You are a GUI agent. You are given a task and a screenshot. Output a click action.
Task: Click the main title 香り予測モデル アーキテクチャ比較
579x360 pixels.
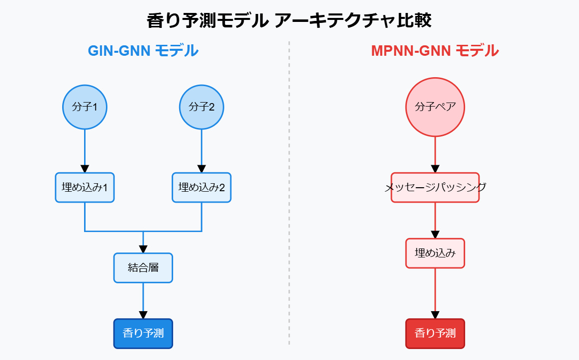pyautogui.click(x=289, y=21)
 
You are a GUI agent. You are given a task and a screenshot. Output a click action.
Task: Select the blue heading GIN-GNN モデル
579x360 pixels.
pyautogui.click(x=143, y=51)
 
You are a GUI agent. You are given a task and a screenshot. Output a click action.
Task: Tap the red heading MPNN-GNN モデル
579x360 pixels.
pyautogui.click(x=435, y=51)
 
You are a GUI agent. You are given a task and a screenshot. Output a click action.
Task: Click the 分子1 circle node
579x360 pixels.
pyautogui.click(x=85, y=107)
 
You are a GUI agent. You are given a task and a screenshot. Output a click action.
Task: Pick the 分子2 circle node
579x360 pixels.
pyautogui.click(x=201, y=107)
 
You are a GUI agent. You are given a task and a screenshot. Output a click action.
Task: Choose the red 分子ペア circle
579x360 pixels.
pyautogui.click(x=435, y=107)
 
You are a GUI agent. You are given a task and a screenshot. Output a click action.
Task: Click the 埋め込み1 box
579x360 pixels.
pyautogui.click(x=85, y=188)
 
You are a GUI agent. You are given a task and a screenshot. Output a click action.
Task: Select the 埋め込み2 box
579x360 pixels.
pyautogui.click(x=201, y=188)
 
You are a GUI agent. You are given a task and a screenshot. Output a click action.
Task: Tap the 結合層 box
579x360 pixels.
pyautogui.click(x=143, y=268)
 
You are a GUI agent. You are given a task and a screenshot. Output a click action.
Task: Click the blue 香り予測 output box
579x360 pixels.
pyautogui.click(x=143, y=334)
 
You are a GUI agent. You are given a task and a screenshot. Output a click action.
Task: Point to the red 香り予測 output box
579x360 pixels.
pyautogui.click(x=435, y=334)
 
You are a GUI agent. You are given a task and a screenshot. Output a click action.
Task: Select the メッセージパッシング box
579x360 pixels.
pyautogui.click(x=435, y=188)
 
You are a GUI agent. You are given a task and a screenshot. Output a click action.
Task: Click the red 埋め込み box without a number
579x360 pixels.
pyautogui.click(x=435, y=253)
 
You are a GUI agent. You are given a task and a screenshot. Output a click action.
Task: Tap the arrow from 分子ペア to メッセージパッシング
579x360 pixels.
pyautogui.click(x=435, y=154)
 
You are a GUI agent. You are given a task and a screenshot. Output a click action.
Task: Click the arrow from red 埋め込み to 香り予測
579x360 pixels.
pyautogui.click(x=435, y=293)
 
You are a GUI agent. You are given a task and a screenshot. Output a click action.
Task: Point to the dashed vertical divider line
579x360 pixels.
pyautogui.click(x=289, y=199)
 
